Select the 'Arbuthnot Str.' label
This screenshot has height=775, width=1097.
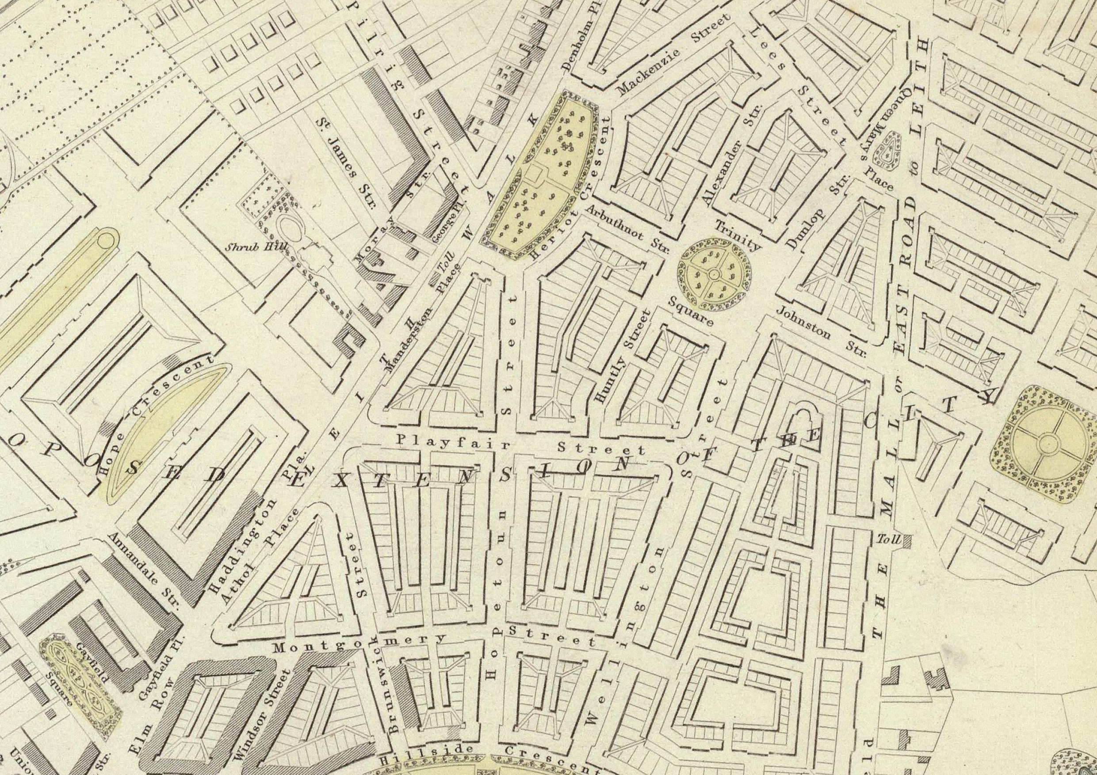pyautogui.click(x=627, y=230)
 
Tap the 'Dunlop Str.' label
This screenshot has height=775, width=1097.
pyautogui.click(x=818, y=213)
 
